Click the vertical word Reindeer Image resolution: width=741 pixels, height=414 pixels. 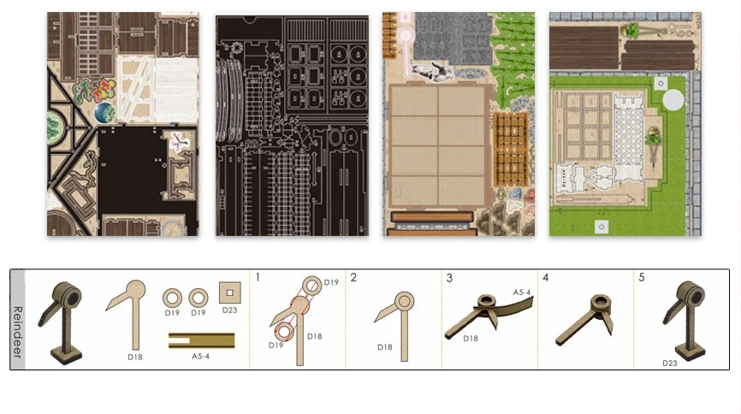coord(17,331)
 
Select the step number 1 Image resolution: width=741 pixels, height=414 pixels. coord(258,277)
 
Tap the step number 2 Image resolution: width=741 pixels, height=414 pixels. coord(353,277)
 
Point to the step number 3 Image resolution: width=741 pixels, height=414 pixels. coord(449,278)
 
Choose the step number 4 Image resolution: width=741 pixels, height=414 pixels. coord(545,277)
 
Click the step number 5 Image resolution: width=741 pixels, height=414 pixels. coord(641,277)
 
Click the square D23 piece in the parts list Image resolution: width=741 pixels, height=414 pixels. coord(229,293)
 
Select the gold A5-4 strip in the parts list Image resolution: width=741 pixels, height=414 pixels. coord(202,340)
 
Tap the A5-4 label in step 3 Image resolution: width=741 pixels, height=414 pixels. coord(522,293)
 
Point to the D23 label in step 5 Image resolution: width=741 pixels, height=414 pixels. coord(670,363)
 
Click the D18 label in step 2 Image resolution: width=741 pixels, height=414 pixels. coord(385,347)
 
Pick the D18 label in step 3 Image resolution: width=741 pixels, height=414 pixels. coord(471,339)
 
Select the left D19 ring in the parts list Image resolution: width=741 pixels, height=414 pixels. coord(172,299)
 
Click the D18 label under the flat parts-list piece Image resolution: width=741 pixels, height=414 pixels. coord(135,357)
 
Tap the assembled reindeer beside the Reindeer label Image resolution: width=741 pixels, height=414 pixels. coord(61,322)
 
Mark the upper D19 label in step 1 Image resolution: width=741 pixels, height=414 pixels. coord(331,282)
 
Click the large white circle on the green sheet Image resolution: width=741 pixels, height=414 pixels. coord(673,100)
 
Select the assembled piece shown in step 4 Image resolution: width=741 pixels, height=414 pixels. coord(585,319)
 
